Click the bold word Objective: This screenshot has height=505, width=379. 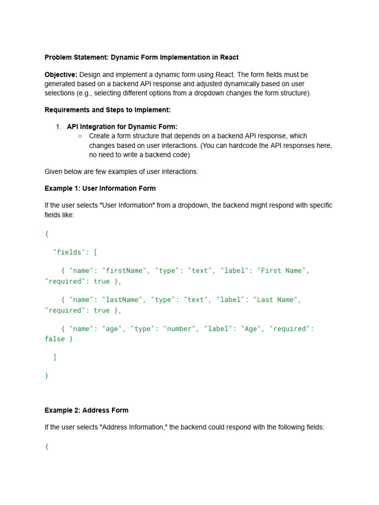(x=61, y=74)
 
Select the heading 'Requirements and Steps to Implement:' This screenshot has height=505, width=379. (x=108, y=109)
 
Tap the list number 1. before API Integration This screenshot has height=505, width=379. (x=58, y=127)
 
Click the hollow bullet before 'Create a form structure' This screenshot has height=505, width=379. (x=80, y=136)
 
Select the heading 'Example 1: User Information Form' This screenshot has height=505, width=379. (x=100, y=188)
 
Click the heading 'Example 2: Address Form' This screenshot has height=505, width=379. (x=86, y=410)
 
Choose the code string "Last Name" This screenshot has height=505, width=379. (x=278, y=299)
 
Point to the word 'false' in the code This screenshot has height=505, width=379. (x=55, y=339)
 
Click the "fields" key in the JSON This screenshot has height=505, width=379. (x=69, y=252)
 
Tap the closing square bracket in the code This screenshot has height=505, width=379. (x=55, y=357)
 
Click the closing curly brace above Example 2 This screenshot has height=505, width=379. (x=47, y=375)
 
